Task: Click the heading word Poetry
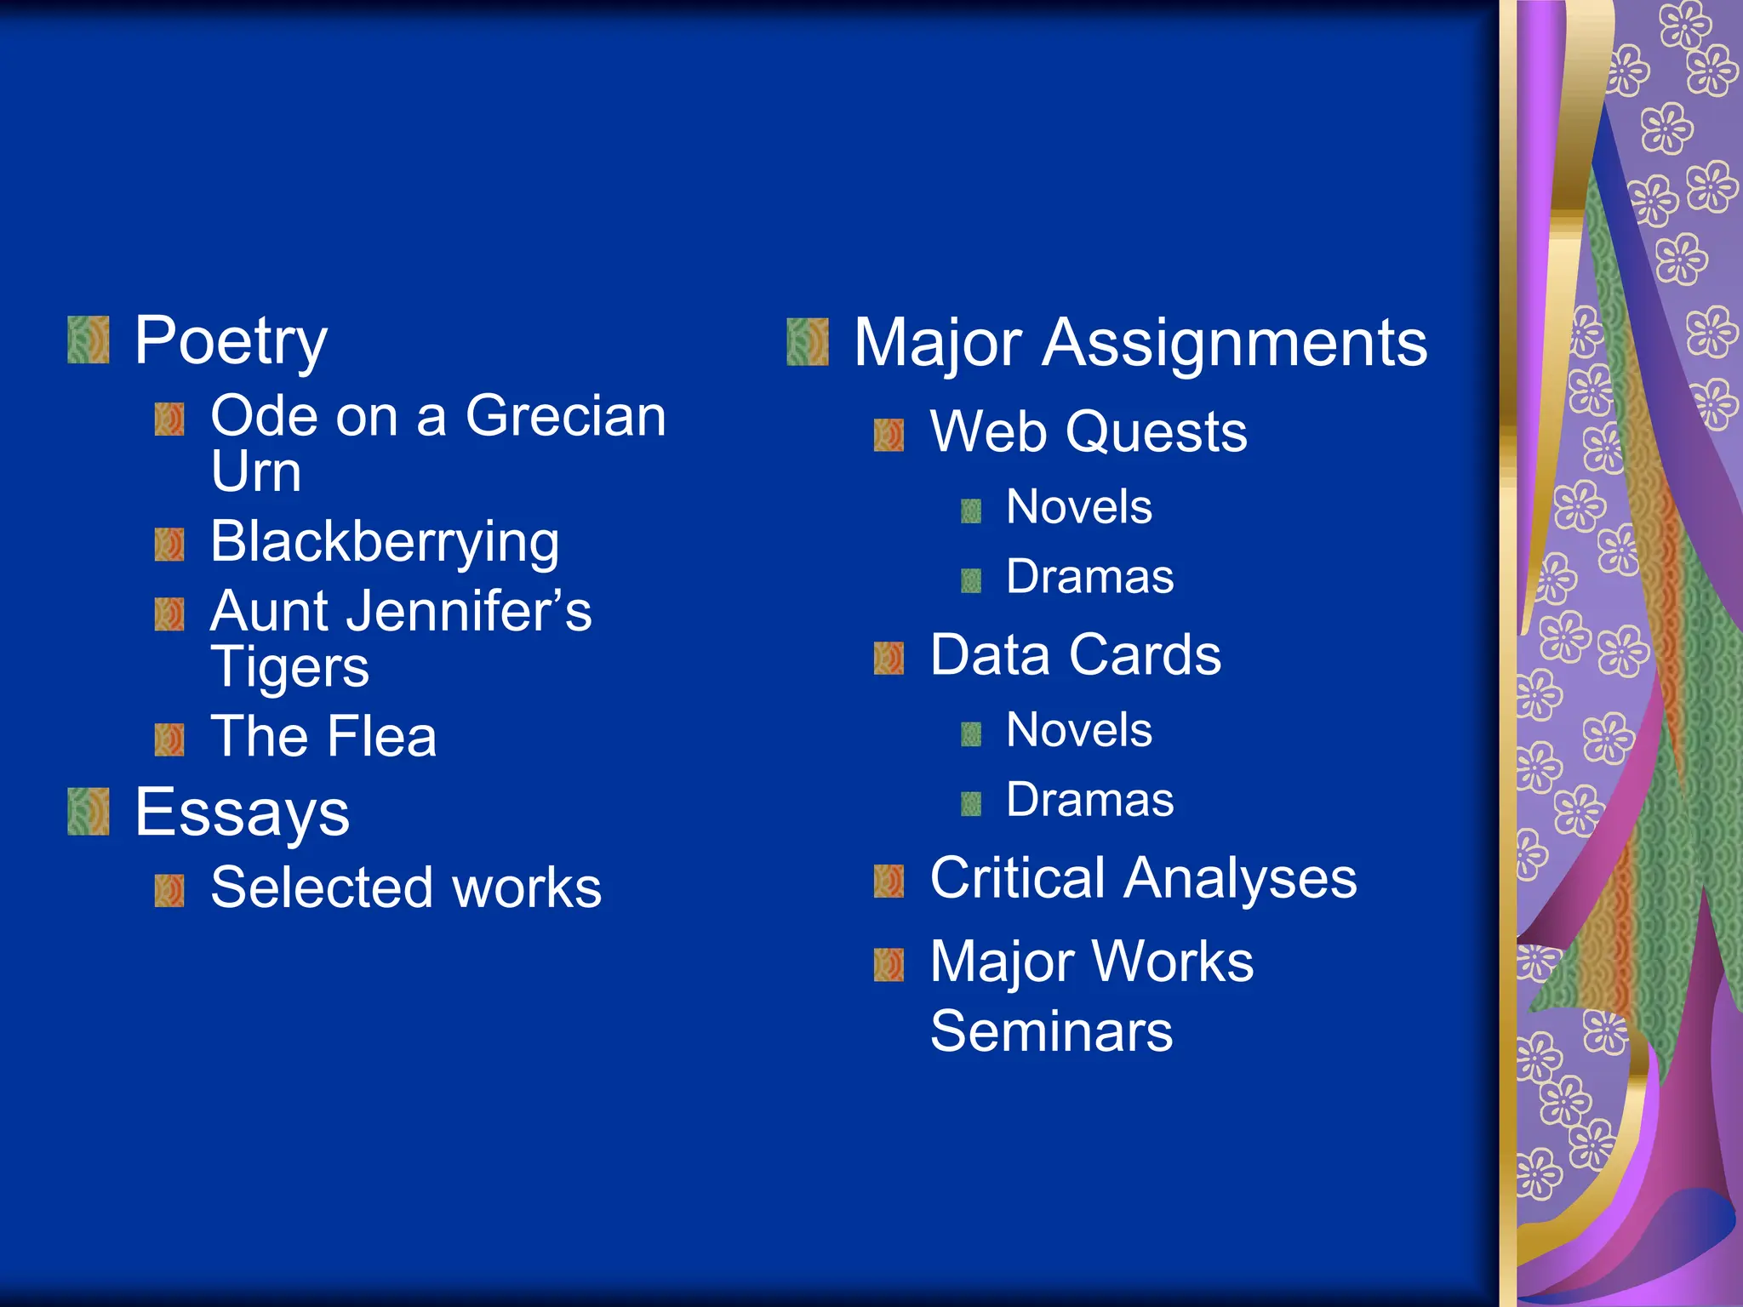(231, 341)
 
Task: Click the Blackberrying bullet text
(385, 542)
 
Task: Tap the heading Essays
(242, 813)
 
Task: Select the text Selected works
(406, 888)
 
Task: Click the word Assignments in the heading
(1235, 343)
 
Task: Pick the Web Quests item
(1088, 432)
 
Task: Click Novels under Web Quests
(1078, 507)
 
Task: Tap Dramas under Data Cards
(1089, 800)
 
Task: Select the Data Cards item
(1075, 655)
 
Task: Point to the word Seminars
(1051, 1031)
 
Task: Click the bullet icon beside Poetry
(89, 340)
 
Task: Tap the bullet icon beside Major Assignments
(808, 342)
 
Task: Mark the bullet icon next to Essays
(89, 812)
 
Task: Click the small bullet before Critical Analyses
(889, 881)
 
